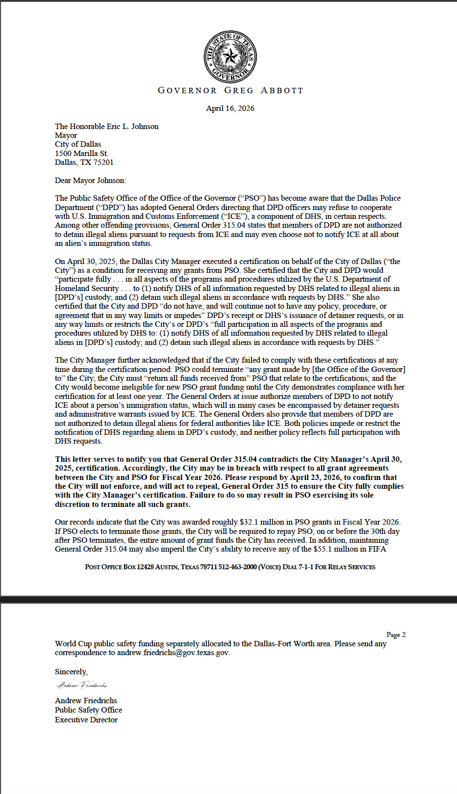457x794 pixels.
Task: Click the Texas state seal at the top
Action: tap(230, 57)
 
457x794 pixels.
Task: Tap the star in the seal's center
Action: tap(230, 57)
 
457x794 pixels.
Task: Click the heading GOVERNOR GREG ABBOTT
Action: tap(230, 90)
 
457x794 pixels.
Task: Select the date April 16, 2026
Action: tap(230, 108)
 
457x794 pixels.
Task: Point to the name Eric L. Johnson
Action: tap(132, 127)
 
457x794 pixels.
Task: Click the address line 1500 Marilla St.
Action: tap(81, 154)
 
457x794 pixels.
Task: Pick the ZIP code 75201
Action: tap(103, 162)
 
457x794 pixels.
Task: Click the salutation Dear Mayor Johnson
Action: tap(90, 181)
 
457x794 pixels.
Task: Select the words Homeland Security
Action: tap(87, 289)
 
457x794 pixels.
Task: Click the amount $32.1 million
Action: tap(266, 522)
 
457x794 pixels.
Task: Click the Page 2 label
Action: tap(396, 635)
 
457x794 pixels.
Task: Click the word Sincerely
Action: tap(71, 672)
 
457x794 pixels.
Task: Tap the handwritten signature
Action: tap(82, 685)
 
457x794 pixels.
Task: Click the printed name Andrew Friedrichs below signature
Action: tap(86, 701)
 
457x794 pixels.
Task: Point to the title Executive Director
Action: tap(86, 720)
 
